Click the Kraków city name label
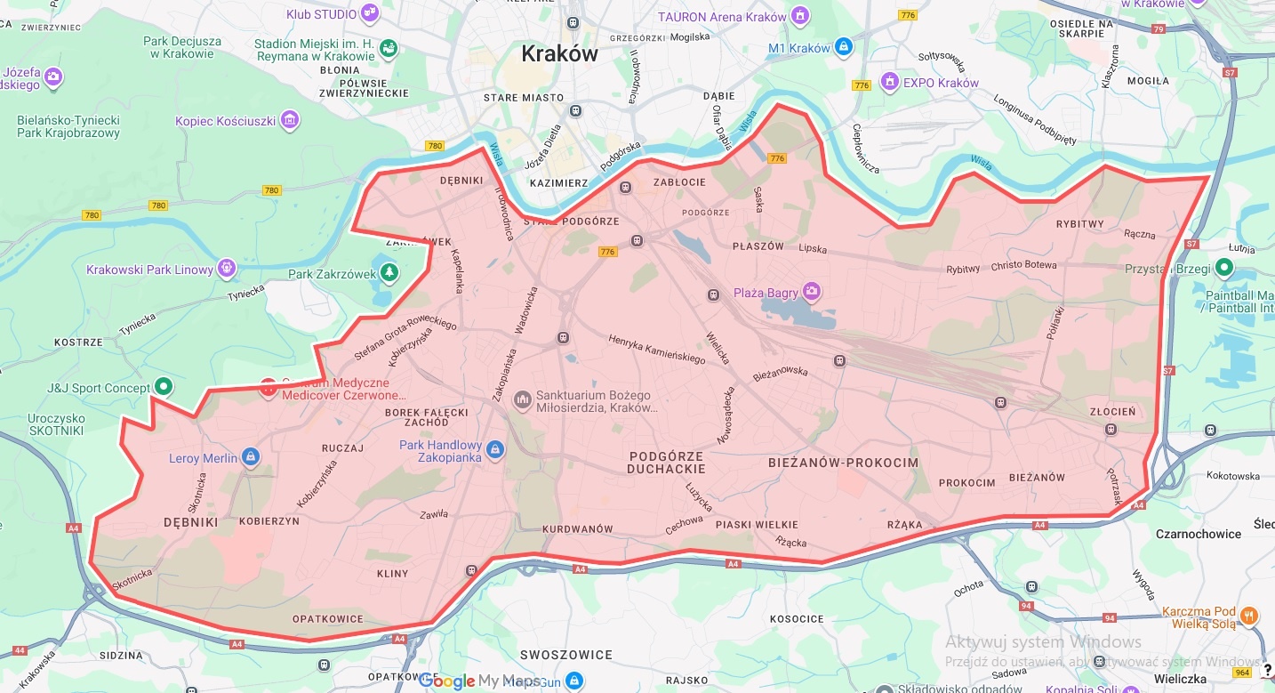(559, 54)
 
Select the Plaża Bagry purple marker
(811, 291)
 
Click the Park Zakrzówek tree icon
(387, 272)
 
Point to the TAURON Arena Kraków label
(722, 17)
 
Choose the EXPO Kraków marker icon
(889, 83)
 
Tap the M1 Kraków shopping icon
(843, 47)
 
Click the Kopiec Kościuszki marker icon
(289, 119)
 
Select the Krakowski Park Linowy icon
(227, 269)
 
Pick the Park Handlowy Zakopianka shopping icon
(495, 450)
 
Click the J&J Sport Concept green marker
(163, 387)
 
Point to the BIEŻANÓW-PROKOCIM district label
(842, 463)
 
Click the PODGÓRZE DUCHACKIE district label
(666, 463)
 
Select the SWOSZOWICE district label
(566, 655)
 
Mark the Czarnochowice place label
(1198, 534)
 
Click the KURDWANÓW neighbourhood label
(578, 528)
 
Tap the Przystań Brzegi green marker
(1224, 267)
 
